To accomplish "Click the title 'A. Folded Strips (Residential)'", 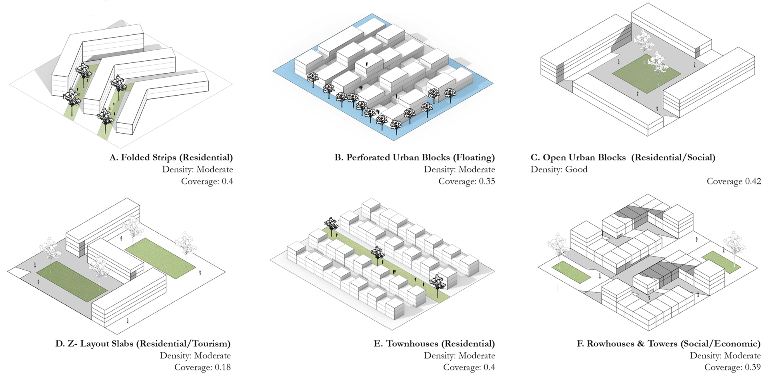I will (x=171, y=158).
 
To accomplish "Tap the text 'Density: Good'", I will (x=559, y=170).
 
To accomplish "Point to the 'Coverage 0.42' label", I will (x=734, y=181).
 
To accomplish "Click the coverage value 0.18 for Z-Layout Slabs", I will (x=222, y=367).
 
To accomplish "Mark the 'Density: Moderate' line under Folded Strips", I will (x=197, y=170).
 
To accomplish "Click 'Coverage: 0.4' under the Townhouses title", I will (x=469, y=367).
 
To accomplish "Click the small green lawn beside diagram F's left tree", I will (x=571, y=272).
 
